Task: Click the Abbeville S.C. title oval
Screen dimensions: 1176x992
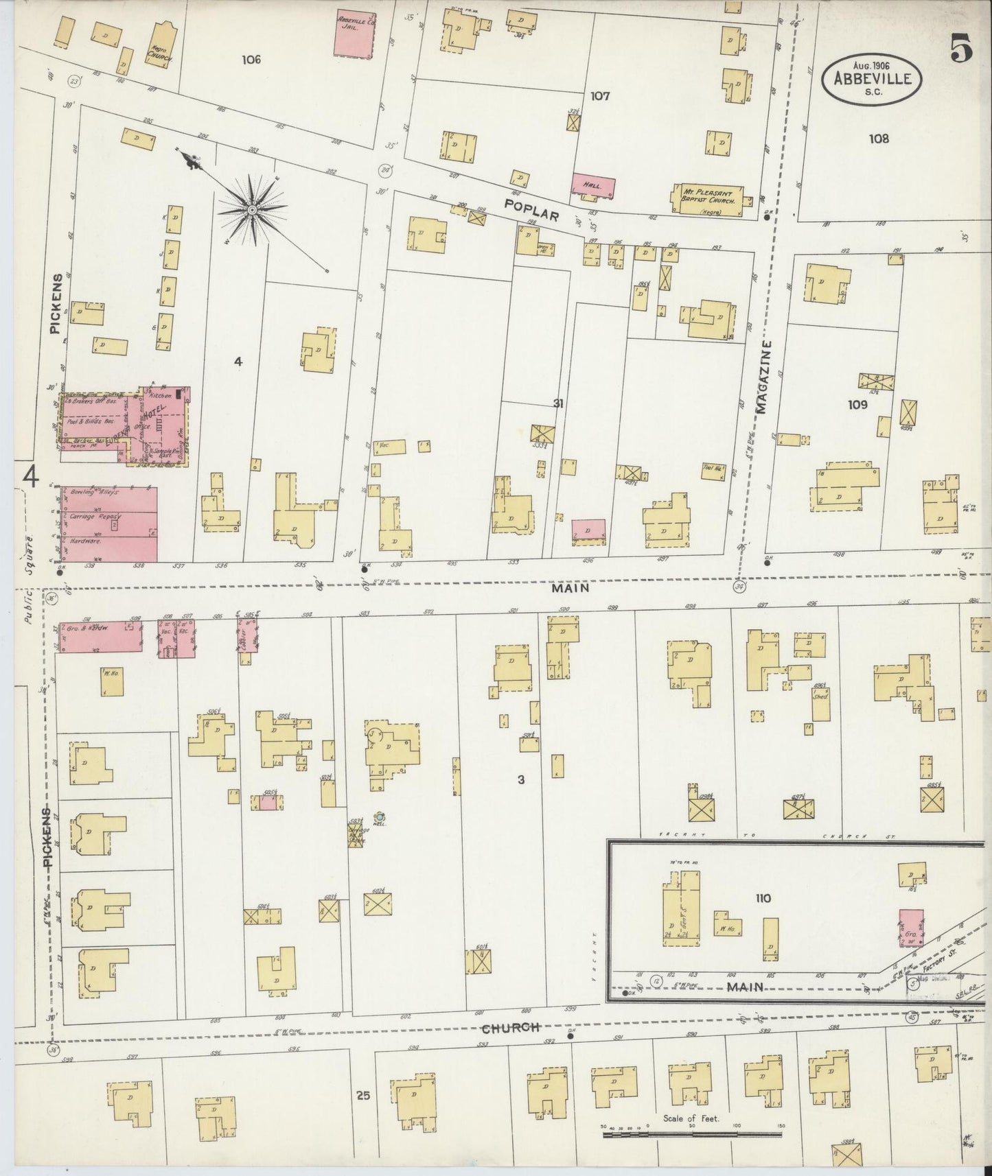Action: point(872,79)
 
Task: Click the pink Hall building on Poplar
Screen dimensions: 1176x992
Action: point(593,185)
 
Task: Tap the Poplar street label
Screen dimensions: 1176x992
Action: point(531,209)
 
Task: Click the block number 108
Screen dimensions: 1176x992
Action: point(878,139)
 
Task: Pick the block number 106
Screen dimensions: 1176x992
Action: point(251,60)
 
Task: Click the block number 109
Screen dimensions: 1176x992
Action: point(857,405)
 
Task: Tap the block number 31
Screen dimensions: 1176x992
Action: point(558,403)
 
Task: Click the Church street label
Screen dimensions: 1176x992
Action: point(509,1028)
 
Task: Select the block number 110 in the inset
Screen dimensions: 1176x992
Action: point(763,898)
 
